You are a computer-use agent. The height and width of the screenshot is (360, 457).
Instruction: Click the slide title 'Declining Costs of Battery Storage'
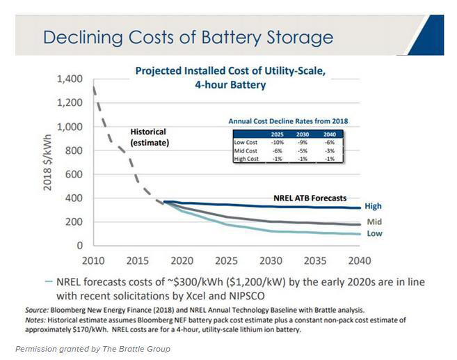[188, 36]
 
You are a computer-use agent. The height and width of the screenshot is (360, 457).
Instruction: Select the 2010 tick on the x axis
[94, 261]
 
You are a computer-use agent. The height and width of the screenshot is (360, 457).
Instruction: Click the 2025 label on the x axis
[226, 261]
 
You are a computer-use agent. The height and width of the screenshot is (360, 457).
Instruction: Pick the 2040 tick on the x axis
[358, 261]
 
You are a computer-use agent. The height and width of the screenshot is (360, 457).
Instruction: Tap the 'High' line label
[373, 207]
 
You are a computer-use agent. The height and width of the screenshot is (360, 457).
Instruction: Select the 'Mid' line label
[374, 222]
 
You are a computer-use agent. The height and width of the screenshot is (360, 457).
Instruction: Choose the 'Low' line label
[374, 234]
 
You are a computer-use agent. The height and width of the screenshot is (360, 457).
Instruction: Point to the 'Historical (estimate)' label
[150, 136]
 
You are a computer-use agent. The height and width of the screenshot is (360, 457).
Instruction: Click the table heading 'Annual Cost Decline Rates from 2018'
[288, 121]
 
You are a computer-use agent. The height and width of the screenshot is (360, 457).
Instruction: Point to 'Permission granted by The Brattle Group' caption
[93, 347]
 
